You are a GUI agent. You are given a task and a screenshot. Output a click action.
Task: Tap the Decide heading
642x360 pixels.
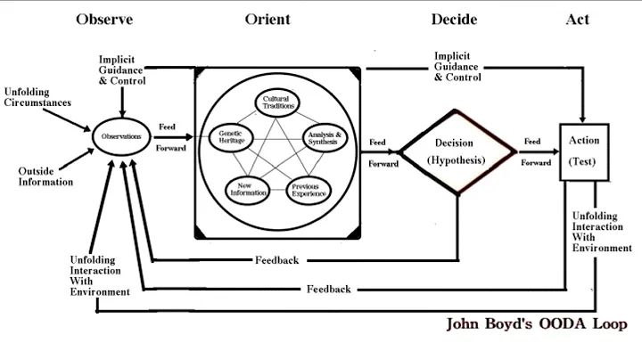pos(454,19)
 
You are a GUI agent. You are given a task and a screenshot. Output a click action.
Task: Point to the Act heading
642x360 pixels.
pos(577,19)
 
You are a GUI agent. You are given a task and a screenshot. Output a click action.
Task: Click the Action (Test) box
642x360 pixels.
pos(583,151)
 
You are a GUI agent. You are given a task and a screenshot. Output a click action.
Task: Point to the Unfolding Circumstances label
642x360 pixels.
pos(37,96)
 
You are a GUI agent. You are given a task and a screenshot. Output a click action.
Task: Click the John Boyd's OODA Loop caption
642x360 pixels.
pos(538,324)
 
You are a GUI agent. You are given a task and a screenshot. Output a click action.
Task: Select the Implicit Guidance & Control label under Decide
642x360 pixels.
pos(458,66)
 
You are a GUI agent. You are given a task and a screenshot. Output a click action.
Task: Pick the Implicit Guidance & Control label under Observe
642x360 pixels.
pos(123,70)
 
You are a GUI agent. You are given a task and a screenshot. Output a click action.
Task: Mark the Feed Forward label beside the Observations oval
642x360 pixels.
pos(171,137)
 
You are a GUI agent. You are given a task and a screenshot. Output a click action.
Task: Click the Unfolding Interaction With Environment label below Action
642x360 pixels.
pos(601,231)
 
